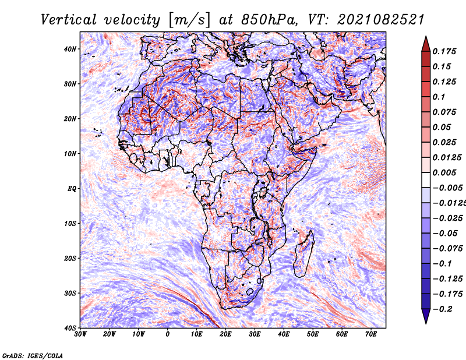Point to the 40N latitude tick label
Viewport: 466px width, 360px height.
[70, 49]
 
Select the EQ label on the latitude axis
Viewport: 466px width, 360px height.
[72, 188]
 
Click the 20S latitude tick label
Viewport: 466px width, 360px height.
[70, 258]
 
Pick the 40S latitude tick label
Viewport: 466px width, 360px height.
[70, 327]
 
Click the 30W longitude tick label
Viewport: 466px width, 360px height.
[80, 334]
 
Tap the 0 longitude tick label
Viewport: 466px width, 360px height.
[168, 334]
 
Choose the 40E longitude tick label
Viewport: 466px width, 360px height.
[284, 334]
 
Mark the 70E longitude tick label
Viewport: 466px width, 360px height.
[371, 334]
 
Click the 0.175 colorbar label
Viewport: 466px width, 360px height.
[444, 51]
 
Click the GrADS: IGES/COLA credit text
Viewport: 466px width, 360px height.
[32, 354]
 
